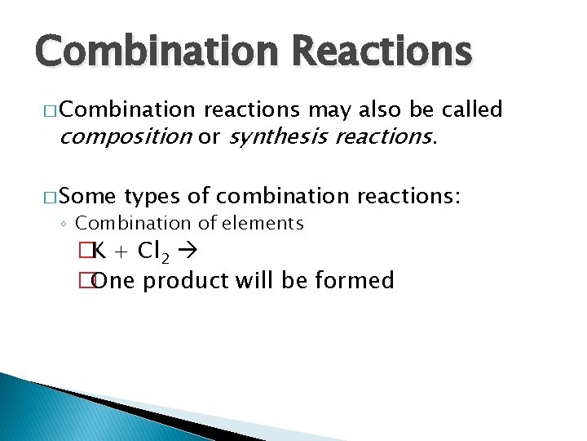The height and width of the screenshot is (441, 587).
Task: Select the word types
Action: [156, 196]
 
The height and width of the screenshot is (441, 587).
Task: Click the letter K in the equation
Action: [97, 252]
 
